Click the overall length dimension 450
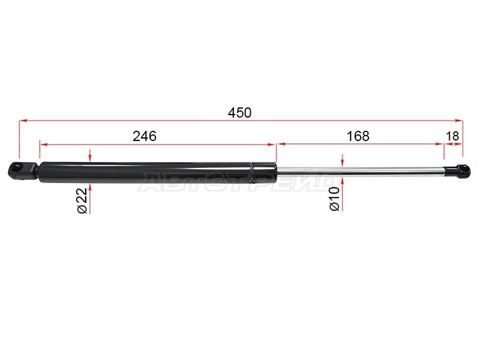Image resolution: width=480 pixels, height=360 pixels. pyautogui.click(x=239, y=113)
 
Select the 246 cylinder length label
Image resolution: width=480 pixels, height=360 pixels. pyautogui.click(x=145, y=136)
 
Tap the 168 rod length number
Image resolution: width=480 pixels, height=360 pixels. pyautogui.click(x=358, y=136)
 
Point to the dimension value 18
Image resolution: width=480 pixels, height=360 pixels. pyautogui.click(x=452, y=136)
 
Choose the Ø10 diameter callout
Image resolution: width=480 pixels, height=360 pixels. pyautogui.click(x=335, y=199)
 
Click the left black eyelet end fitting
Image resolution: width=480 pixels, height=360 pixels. pyautogui.click(x=22, y=170)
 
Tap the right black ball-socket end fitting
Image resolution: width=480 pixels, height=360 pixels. pyautogui.click(x=457, y=171)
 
